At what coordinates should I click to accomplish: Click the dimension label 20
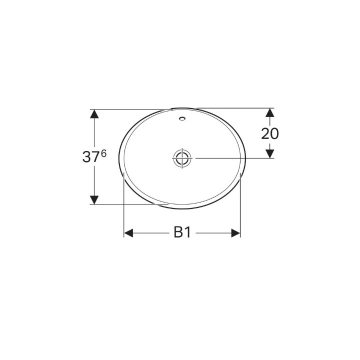[x=270, y=133]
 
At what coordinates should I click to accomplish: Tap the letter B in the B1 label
[x=178, y=233]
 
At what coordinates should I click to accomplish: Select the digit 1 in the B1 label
[x=187, y=233]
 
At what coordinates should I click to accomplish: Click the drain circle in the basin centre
[x=182, y=157]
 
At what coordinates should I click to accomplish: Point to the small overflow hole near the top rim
[x=182, y=119]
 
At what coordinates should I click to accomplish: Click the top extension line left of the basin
[x=130, y=109]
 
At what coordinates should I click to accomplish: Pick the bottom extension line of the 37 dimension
[x=130, y=204]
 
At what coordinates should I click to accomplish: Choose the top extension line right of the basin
[x=235, y=108]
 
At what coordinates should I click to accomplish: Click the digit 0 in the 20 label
[x=274, y=133]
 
